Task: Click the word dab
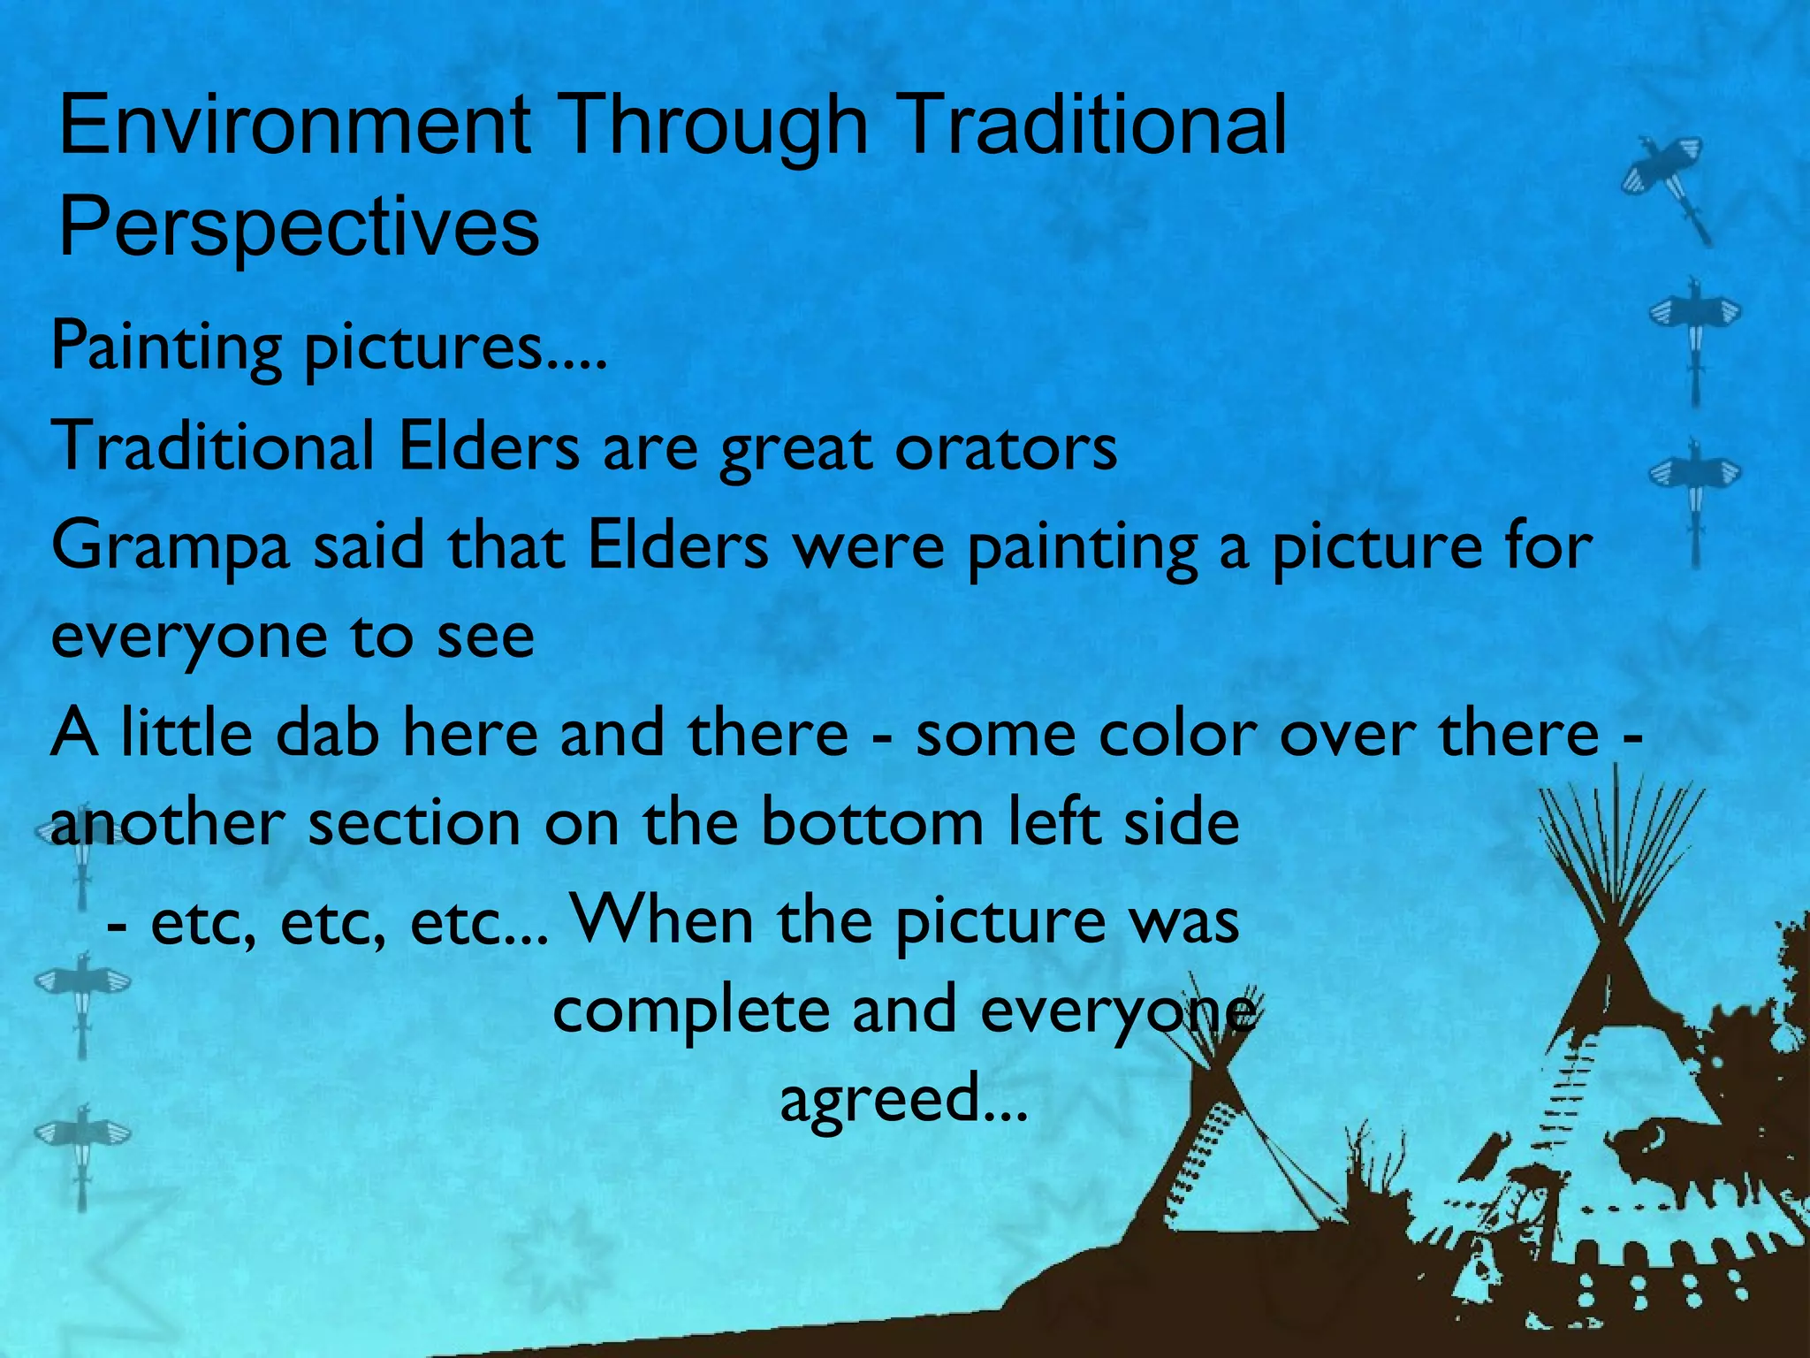327,733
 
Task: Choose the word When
663,919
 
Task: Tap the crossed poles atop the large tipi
1617,849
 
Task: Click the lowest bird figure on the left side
82,1149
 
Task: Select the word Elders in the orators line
489,447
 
